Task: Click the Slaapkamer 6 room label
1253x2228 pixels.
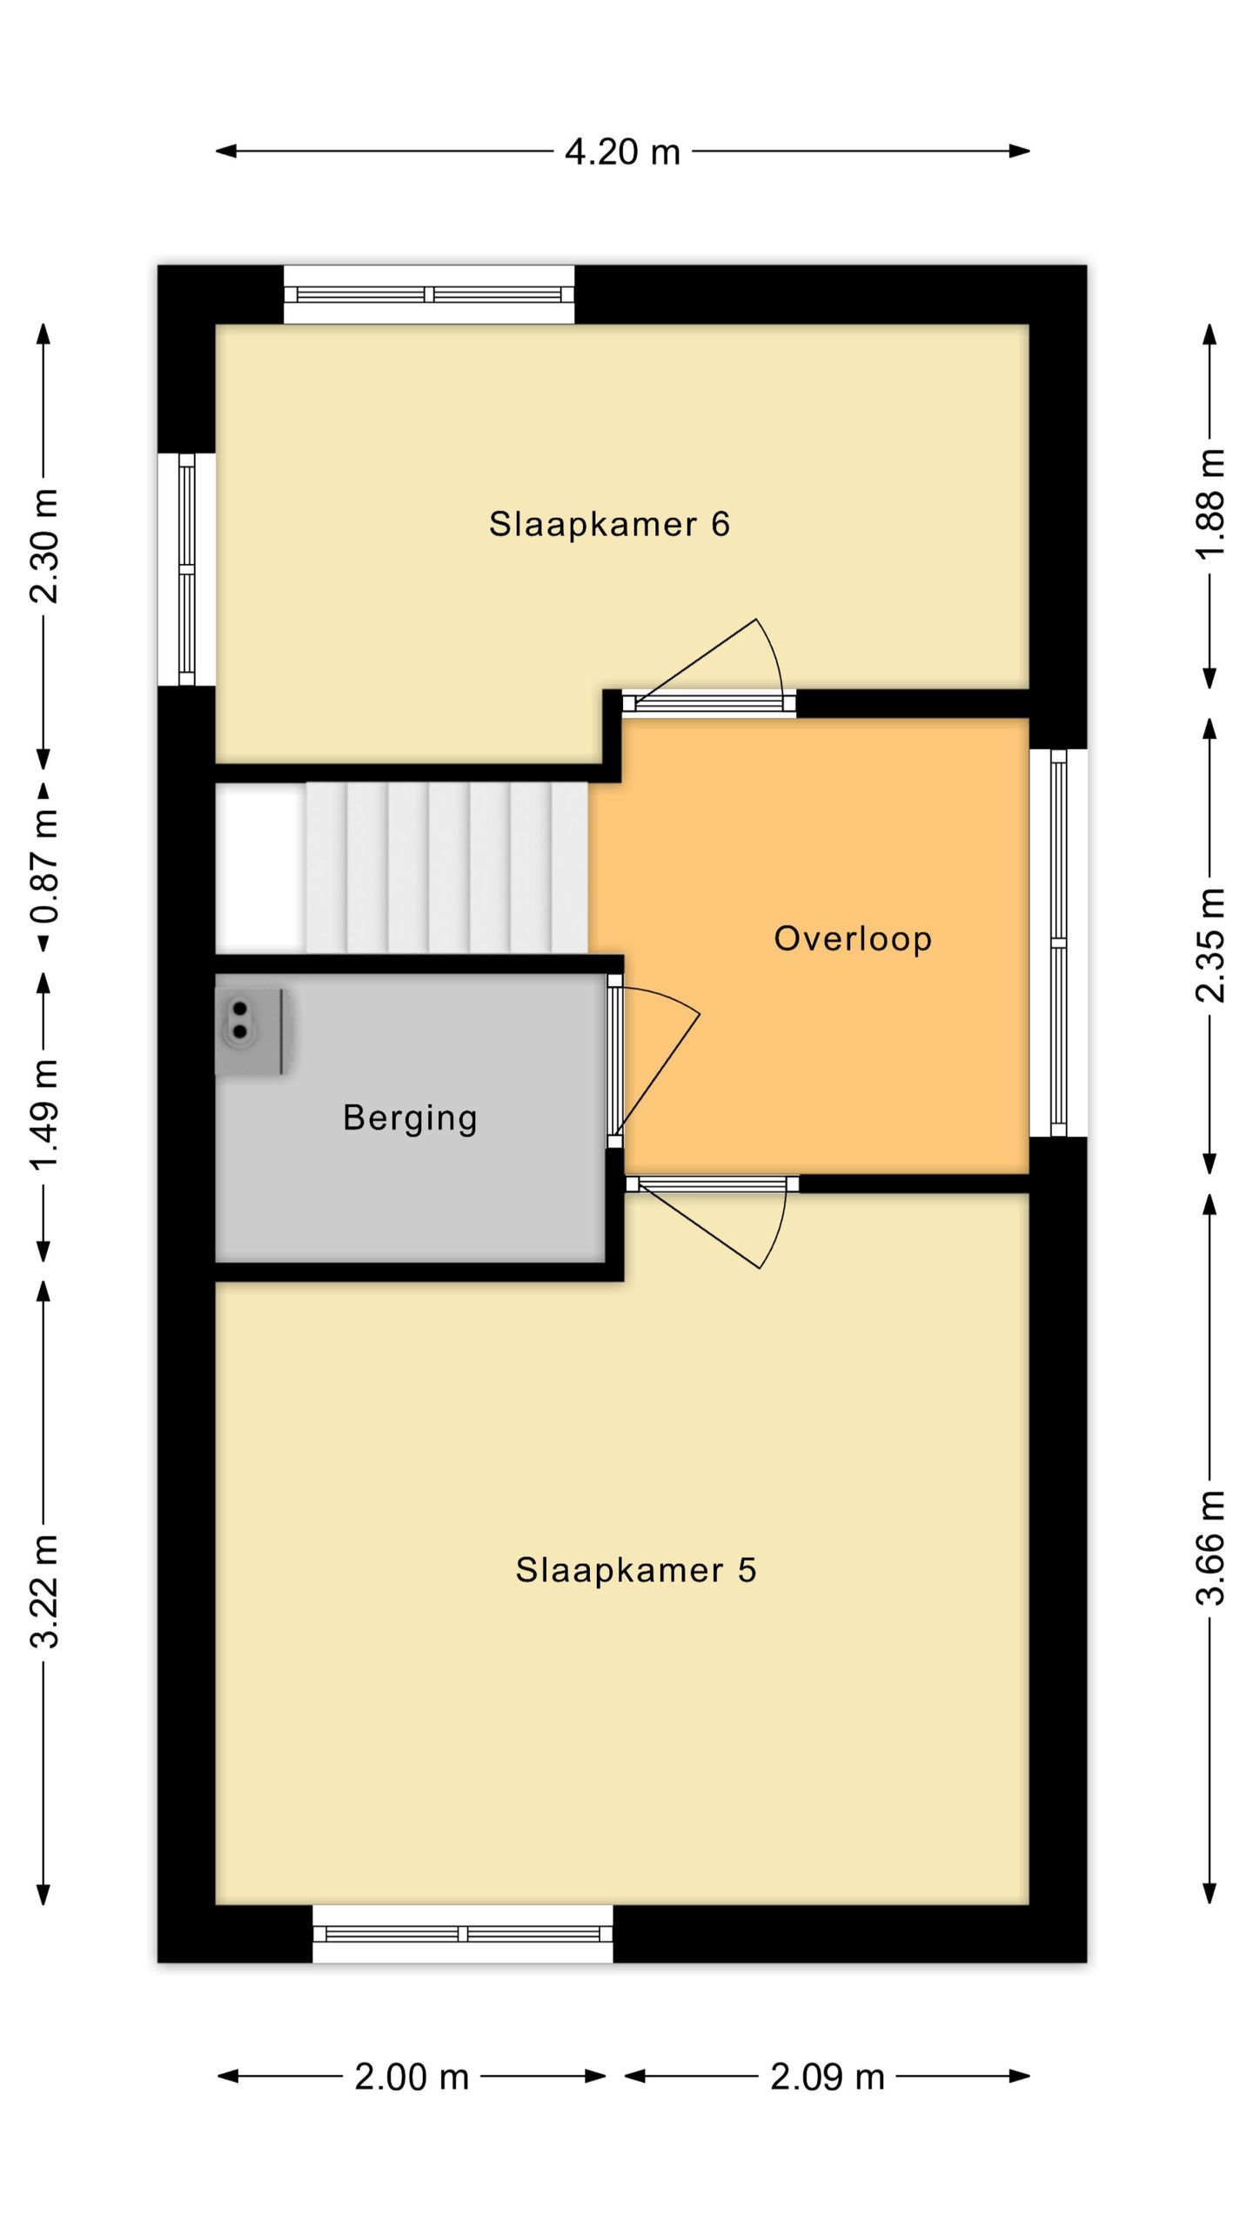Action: click(x=609, y=524)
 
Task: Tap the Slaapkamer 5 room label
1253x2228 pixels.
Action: click(x=636, y=1570)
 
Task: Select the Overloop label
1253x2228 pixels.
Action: click(x=853, y=938)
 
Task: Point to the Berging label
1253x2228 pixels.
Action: click(x=410, y=1118)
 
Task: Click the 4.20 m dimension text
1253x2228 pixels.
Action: click(x=622, y=152)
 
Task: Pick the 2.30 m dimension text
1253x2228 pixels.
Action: click(x=44, y=546)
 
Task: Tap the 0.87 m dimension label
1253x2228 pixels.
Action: click(x=44, y=866)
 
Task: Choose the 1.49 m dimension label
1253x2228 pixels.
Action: click(x=44, y=1116)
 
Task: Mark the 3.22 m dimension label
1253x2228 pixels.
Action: click(x=44, y=1591)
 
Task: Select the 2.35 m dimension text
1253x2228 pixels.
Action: click(x=1210, y=945)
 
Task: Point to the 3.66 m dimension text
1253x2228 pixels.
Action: click(x=1210, y=1547)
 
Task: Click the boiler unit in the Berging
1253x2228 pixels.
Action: click(x=251, y=1030)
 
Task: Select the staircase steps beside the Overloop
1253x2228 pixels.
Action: click(x=446, y=868)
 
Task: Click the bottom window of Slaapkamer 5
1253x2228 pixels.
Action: click(x=463, y=1933)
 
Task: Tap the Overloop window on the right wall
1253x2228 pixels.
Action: click(x=1059, y=943)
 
